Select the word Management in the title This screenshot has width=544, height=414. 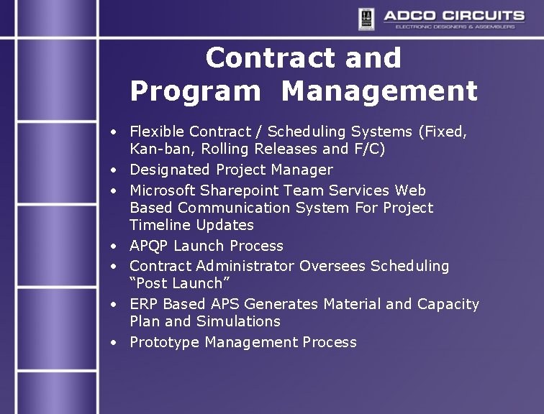[379, 92]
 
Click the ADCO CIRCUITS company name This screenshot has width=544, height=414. [453, 15]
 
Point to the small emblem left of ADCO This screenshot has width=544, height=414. [367, 18]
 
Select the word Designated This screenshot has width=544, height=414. [170, 170]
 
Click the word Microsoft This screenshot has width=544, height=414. [163, 190]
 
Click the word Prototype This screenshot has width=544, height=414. [165, 342]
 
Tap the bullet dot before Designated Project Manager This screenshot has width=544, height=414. [114, 171]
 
